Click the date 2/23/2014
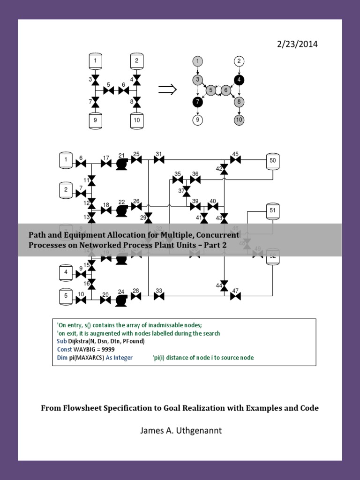(298, 44)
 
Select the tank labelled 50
(272, 161)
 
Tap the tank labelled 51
(272, 210)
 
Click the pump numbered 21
(122, 163)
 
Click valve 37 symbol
(186, 191)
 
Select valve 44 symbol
(224, 285)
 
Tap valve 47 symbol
(235, 296)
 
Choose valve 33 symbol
(159, 296)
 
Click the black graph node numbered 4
(239, 79)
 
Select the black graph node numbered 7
(198, 101)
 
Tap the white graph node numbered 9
(198, 120)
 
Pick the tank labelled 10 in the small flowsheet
(136, 120)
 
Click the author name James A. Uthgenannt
(180, 431)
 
